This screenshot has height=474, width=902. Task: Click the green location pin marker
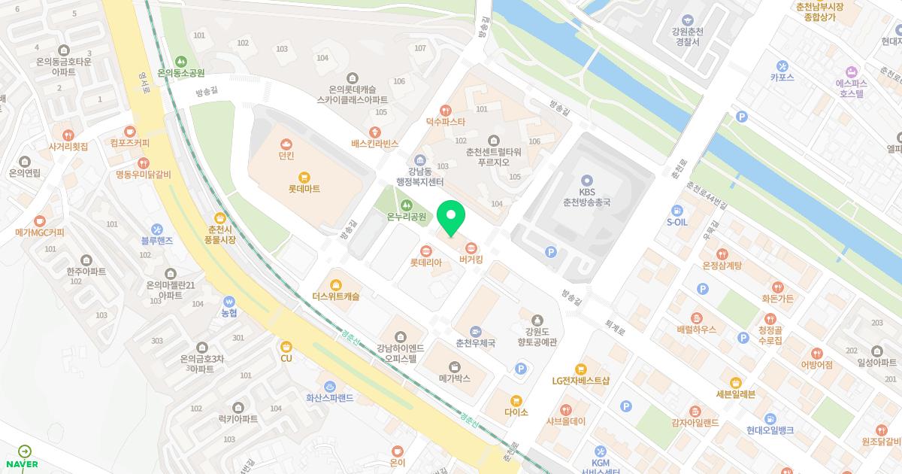[451, 218]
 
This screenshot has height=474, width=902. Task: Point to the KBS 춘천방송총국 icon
[587, 181]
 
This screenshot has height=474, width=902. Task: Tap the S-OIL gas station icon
[677, 210]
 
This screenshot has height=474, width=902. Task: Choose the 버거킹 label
[471, 260]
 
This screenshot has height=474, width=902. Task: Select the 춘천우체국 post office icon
[475, 331]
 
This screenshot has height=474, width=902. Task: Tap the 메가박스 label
[455, 378]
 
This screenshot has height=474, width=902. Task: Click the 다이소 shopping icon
[516, 400]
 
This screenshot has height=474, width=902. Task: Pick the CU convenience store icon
[286, 346]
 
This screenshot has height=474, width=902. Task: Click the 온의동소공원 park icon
[180, 61]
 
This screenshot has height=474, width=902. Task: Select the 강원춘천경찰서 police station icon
[686, 20]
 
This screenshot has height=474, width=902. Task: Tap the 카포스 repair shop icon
[782, 65]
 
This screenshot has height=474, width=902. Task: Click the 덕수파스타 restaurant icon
[446, 110]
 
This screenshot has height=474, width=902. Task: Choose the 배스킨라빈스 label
[374, 143]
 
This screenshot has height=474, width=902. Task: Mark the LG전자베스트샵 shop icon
[580, 369]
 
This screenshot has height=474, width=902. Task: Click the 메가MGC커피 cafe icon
[40, 220]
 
